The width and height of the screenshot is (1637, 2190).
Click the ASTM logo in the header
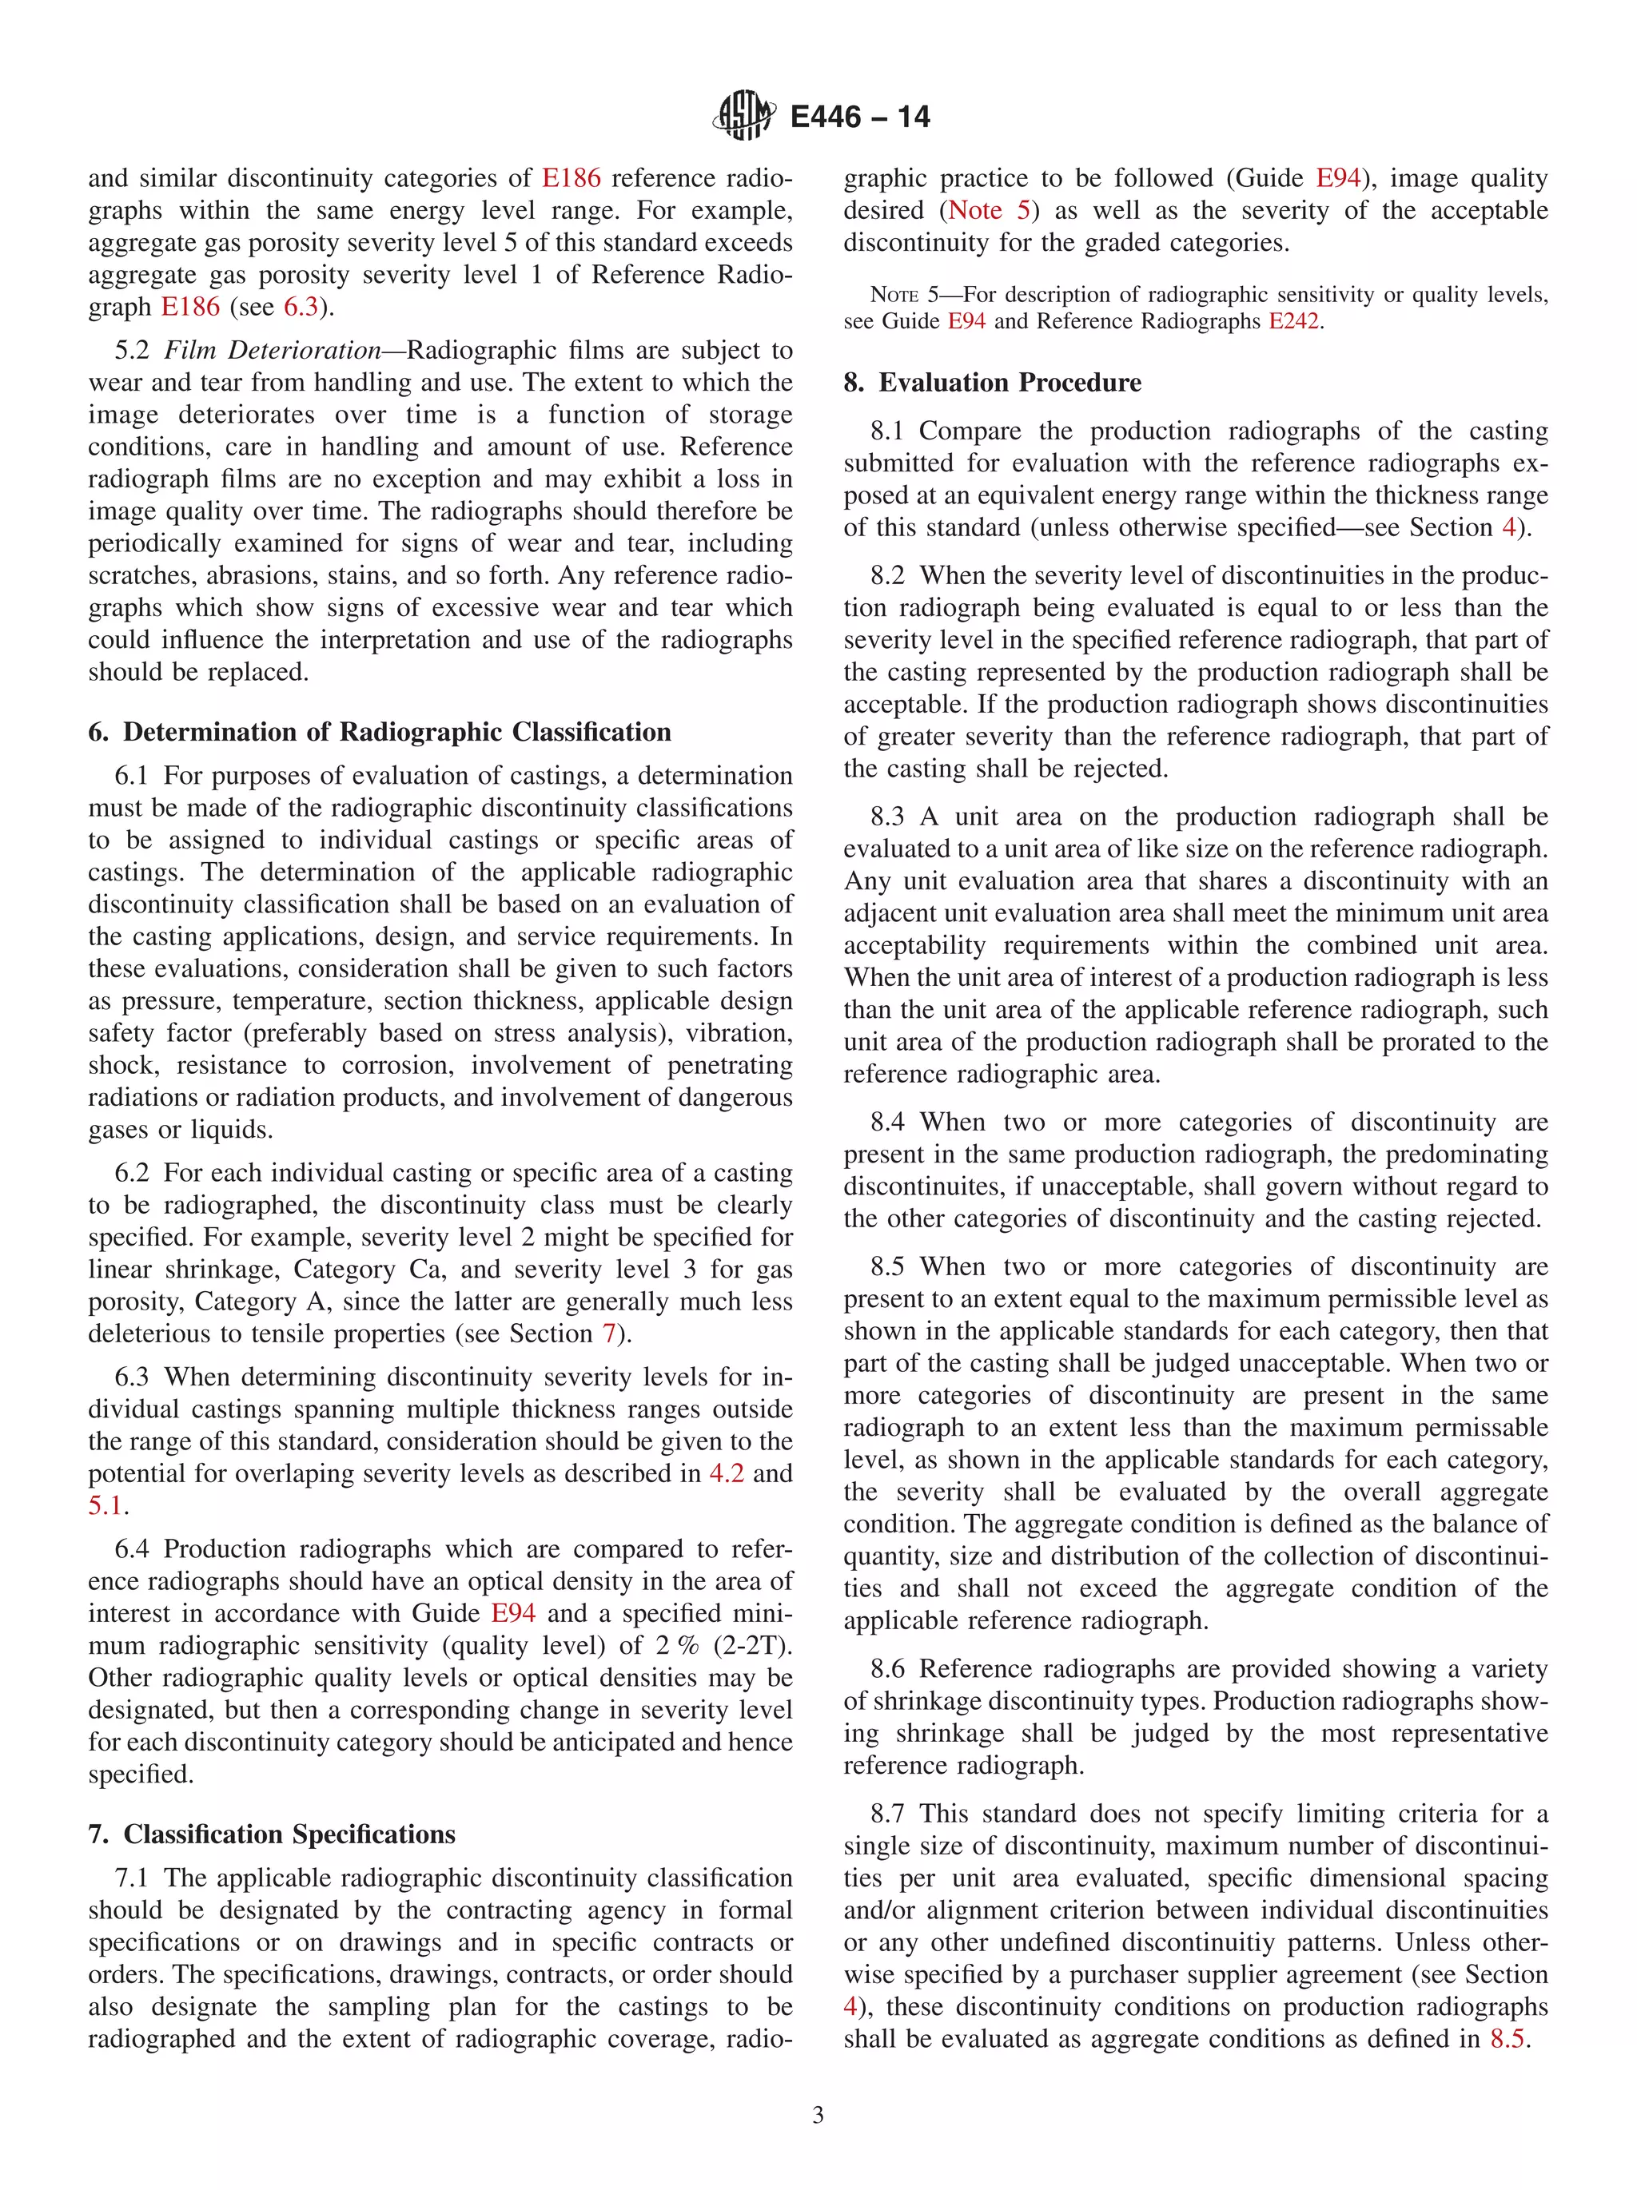[x=743, y=115]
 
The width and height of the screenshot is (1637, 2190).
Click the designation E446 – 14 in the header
[x=859, y=117]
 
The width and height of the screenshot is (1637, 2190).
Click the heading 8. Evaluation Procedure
[x=992, y=382]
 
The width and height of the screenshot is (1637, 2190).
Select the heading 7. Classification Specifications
[x=271, y=1834]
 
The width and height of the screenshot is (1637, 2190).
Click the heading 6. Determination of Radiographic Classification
[x=380, y=732]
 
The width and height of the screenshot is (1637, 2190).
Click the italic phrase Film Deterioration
[x=273, y=351]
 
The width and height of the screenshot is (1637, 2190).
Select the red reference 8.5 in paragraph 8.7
[x=1508, y=2038]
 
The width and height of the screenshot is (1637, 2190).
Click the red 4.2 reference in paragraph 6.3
[x=726, y=1473]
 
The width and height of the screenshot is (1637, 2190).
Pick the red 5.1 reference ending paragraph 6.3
[x=105, y=1505]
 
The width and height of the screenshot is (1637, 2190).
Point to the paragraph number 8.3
[x=886, y=817]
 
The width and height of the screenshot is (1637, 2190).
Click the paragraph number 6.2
[x=131, y=1173]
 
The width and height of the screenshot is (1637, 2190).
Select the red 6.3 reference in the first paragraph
[x=301, y=307]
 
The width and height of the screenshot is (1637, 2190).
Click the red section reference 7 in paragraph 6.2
[x=608, y=1333]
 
